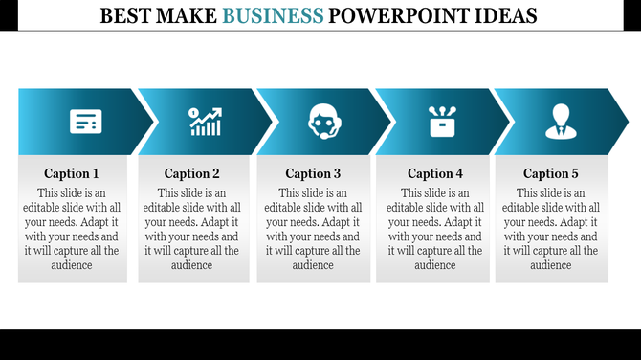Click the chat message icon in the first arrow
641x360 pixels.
click(85, 122)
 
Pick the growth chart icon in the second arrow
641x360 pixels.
click(205, 122)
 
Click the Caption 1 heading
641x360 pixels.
click(72, 173)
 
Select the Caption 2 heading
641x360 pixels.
click(192, 173)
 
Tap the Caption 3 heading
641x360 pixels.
click(313, 173)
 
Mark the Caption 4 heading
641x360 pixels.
click(435, 173)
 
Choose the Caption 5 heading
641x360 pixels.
click(551, 173)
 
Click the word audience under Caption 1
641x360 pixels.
click(72, 265)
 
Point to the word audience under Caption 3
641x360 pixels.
click(313, 265)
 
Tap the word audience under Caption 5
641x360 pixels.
click(551, 265)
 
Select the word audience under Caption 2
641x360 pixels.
click(192, 265)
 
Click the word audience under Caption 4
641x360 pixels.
click(435, 265)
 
